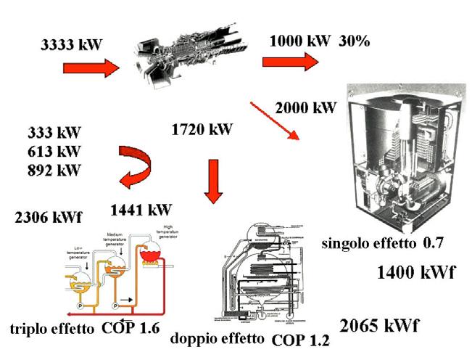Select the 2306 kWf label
click(x=49, y=217)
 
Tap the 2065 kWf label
click(x=381, y=324)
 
